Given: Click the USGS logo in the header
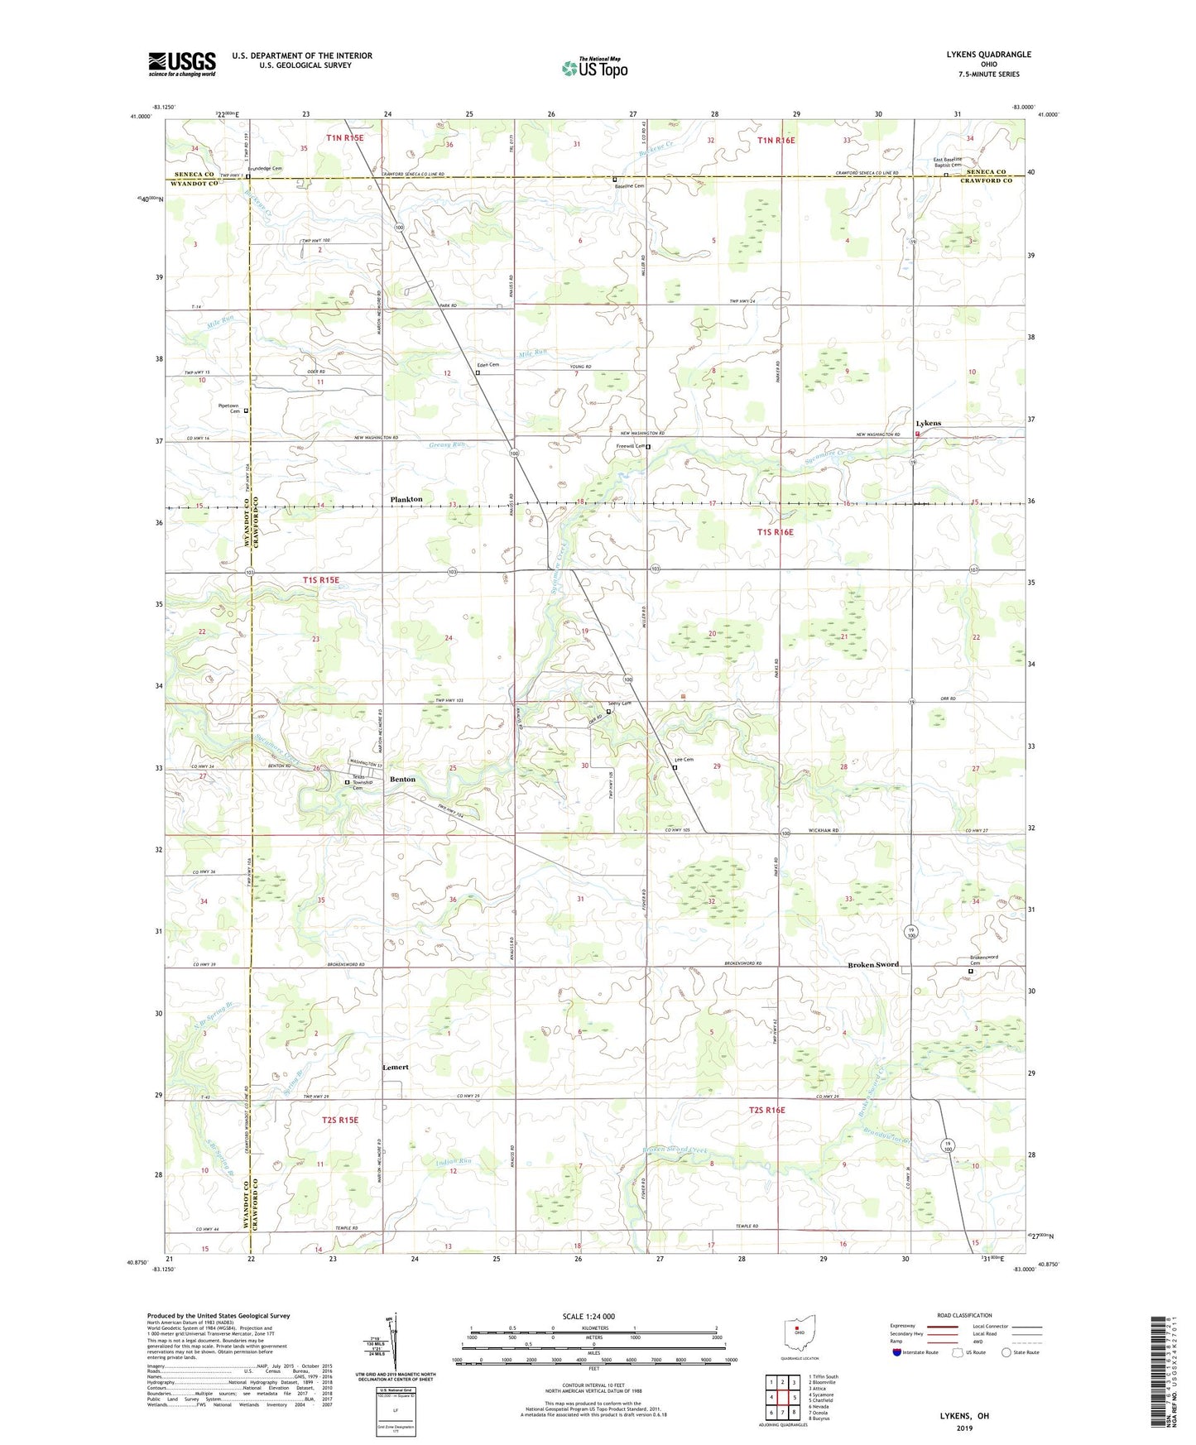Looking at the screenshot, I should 182,64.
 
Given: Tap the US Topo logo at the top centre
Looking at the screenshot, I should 594,68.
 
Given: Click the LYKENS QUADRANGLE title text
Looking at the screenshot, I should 988,55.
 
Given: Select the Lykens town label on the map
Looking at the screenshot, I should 928,423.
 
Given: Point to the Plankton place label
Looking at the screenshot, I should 406,499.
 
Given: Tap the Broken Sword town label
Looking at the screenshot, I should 872,965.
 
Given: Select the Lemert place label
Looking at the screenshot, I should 395,1067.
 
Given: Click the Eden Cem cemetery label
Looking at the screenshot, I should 487,365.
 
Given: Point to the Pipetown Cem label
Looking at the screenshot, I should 228,408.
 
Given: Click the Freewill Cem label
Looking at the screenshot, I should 631,447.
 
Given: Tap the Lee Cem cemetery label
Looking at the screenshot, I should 684,760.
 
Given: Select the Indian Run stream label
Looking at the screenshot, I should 454,1161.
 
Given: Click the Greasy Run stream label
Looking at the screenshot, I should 447,444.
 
